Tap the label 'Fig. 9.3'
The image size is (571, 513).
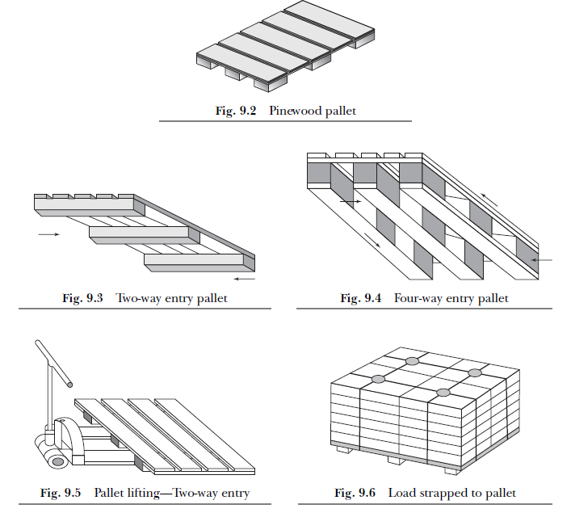(x=82, y=298)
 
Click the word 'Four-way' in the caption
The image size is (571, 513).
(x=418, y=298)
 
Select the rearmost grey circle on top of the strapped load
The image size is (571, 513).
(x=412, y=360)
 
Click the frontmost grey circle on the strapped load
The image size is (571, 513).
(x=443, y=393)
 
